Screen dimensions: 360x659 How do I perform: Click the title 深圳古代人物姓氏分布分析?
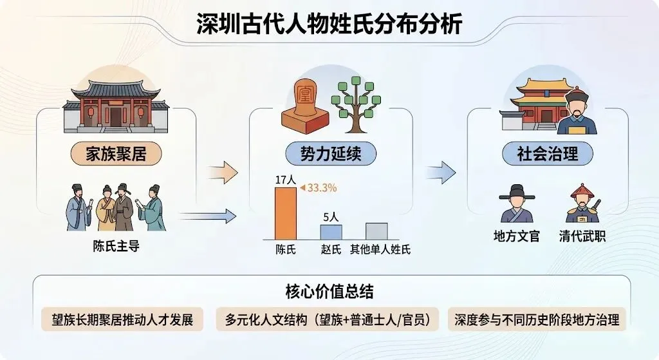point(329,24)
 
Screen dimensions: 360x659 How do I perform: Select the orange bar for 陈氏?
point(285,215)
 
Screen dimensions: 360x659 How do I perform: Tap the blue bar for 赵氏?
point(331,232)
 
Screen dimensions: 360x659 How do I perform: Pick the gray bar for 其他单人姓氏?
point(376,231)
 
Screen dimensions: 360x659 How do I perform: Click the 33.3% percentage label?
point(321,188)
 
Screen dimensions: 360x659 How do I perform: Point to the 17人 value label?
point(285,180)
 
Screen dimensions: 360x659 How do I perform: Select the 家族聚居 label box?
point(116,155)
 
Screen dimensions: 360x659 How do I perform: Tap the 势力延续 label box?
point(329,155)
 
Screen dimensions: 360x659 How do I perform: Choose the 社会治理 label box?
point(547,155)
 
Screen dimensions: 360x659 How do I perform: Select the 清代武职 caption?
point(582,236)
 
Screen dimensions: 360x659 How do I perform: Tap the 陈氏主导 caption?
point(116,247)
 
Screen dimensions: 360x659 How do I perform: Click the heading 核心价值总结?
point(329,290)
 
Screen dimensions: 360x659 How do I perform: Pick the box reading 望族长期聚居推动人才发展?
point(122,319)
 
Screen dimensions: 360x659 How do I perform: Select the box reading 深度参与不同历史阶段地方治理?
point(536,319)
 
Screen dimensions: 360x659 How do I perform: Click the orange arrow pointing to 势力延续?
point(223,173)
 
